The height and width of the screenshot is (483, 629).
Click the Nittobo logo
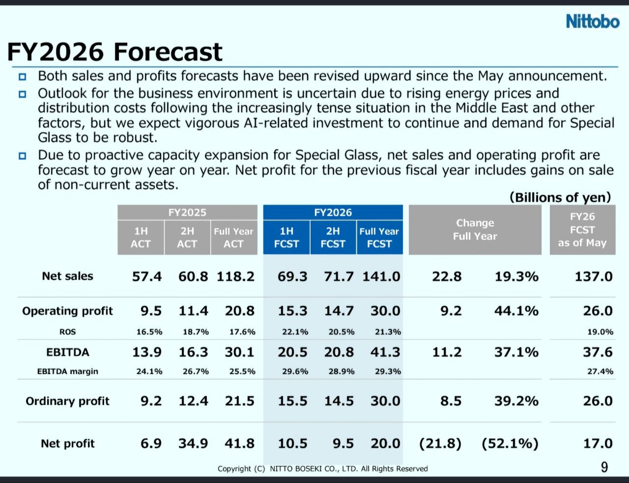pyautogui.click(x=593, y=22)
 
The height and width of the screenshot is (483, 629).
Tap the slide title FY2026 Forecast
pyautogui.click(x=114, y=52)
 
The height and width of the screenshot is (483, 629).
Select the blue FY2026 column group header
pyautogui.click(x=333, y=213)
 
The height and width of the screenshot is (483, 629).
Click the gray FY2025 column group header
pyautogui.click(x=187, y=213)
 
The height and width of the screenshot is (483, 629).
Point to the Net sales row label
pyautogui.click(x=67, y=276)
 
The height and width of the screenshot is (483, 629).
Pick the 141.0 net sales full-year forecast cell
pyautogui.click(x=381, y=277)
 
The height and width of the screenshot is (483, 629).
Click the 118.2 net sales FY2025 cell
pyautogui.click(x=235, y=277)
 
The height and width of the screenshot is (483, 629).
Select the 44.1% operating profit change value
pyautogui.click(x=516, y=311)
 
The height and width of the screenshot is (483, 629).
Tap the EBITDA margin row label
pyautogui.click(x=67, y=371)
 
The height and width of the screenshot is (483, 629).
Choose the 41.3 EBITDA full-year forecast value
pyautogui.click(x=385, y=352)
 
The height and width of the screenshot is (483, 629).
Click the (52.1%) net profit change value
pyautogui.click(x=510, y=444)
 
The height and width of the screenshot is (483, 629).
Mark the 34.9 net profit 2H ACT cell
pyautogui.click(x=193, y=444)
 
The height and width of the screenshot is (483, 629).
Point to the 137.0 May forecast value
pyautogui.click(x=594, y=277)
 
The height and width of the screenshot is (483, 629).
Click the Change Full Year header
pyautogui.click(x=475, y=230)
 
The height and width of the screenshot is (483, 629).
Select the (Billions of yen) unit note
pyautogui.click(x=560, y=197)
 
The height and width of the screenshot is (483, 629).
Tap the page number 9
pyautogui.click(x=604, y=467)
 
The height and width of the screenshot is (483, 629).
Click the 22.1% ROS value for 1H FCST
pyautogui.click(x=295, y=332)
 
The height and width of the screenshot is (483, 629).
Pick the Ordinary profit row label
pyautogui.click(x=67, y=401)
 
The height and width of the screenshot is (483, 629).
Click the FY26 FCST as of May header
pyautogui.click(x=582, y=230)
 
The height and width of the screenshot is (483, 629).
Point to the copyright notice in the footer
pyautogui.click(x=322, y=469)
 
